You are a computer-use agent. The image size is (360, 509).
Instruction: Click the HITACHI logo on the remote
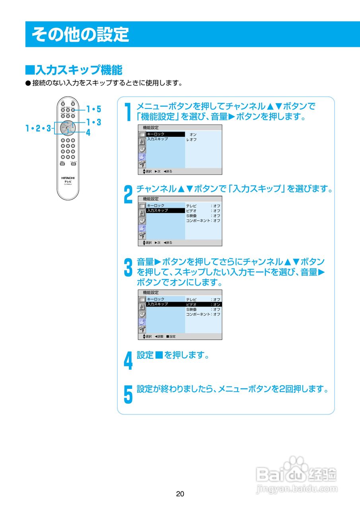click(x=68, y=177)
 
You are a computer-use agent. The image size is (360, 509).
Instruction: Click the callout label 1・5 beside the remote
click(x=94, y=109)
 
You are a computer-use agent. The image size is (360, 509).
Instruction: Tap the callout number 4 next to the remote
click(x=88, y=133)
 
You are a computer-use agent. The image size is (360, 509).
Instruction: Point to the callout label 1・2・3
click(x=38, y=128)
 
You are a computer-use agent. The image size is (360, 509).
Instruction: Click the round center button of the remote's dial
click(x=68, y=128)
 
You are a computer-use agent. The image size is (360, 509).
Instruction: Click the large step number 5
click(x=128, y=394)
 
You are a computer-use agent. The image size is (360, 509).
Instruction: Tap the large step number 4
click(x=128, y=360)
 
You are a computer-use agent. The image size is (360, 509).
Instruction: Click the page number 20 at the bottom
click(x=180, y=494)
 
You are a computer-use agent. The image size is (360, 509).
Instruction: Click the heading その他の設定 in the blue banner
click(x=80, y=35)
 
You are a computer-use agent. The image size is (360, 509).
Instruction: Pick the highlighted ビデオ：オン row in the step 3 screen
click(x=203, y=304)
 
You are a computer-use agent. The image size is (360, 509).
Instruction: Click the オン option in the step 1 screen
click(x=193, y=135)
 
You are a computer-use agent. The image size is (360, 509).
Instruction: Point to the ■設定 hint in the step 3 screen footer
click(x=171, y=336)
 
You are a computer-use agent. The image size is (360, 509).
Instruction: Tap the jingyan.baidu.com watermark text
click(x=297, y=488)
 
